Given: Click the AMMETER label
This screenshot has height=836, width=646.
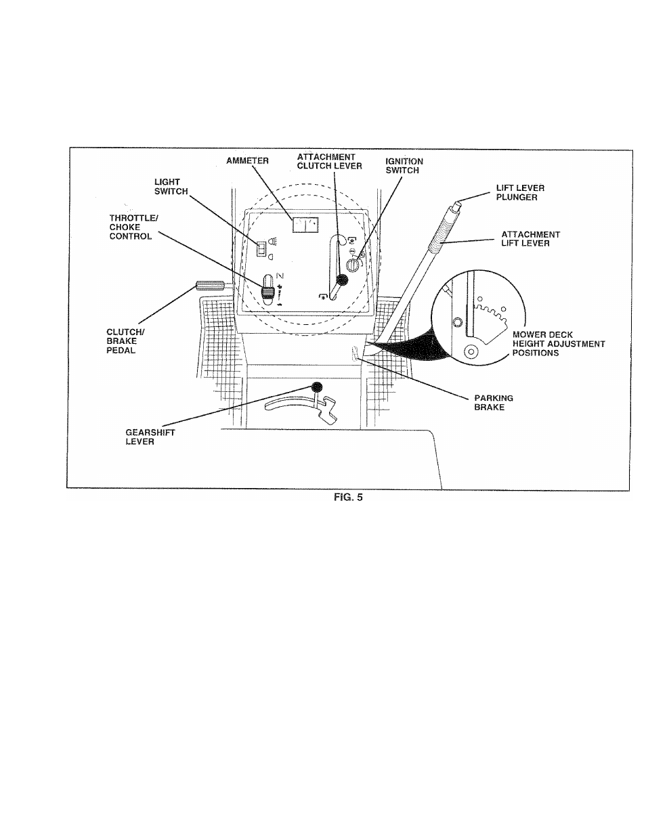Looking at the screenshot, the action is pyautogui.click(x=247, y=161).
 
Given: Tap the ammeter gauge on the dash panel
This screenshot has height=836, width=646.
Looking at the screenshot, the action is pyautogui.click(x=305, y=225).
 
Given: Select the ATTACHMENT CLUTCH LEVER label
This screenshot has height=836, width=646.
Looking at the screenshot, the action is pyautogui.click(x=329, y=162).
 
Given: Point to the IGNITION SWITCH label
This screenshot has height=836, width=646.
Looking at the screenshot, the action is pyautogui.click(x=404, y=166).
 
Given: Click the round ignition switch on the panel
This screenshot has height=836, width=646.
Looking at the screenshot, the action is pyautogui.click(x=353, y=265).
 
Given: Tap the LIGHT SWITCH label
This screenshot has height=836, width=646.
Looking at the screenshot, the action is pyautogui.click(x=171, y=187).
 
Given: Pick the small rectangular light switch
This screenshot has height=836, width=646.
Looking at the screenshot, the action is pyautogui.click(x=261, y=249).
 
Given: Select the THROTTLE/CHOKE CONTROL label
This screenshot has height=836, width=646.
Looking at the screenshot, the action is pyautogui.click(x=133, y=227).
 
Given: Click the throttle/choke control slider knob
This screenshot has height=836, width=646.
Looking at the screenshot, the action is pyautogui.click(x=267, y=293).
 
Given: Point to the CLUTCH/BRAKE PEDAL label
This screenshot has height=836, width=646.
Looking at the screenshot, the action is pyautogui.click(x=125, y=341).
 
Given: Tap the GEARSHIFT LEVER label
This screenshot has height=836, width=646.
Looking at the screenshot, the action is pyautogui.click(x=150, y=437).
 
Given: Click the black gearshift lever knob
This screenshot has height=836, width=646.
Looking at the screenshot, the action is pyautogui.click(x=317, y=387).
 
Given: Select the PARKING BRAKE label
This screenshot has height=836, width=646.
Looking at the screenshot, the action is pyautogui.click(x=494, y=403).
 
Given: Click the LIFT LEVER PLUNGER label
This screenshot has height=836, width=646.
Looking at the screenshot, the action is pyautogui.click(x=520, y=193).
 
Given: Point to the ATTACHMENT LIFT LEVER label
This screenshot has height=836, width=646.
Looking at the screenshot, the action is pyautogui.click(x=531, y=239).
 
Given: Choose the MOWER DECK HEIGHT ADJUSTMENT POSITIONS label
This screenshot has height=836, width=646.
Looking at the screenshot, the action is pyautogui.click(x=559, y=344).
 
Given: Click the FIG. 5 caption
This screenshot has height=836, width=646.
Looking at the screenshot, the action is pyautogui.click(x=348, y=498).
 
